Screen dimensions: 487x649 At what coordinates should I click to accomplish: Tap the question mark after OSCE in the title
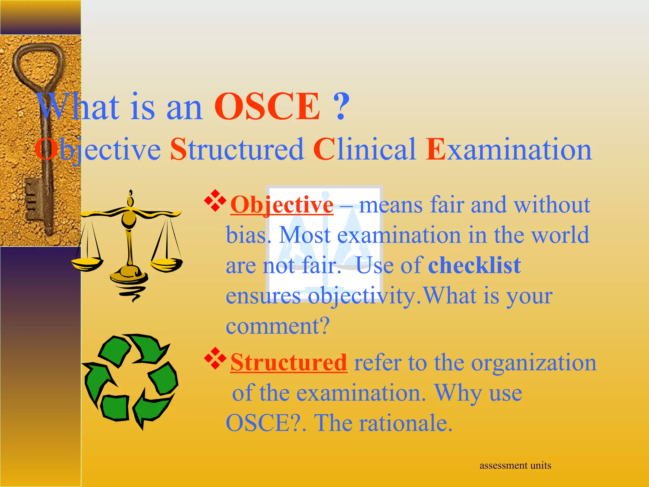tap(341, 107)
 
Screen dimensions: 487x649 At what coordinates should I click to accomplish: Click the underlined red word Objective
tap(282, 205)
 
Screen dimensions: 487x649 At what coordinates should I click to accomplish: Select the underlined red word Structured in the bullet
tap(289, 362)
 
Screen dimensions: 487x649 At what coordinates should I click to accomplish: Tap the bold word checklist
tap(474, 265)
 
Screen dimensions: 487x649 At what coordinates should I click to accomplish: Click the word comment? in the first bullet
tap(278, 326)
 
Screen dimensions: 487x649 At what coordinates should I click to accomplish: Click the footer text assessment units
tap(515, 465)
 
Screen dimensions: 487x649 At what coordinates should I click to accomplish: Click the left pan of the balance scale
tap(86, 264)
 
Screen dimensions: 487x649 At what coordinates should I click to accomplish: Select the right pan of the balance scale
tap(166, 264)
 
